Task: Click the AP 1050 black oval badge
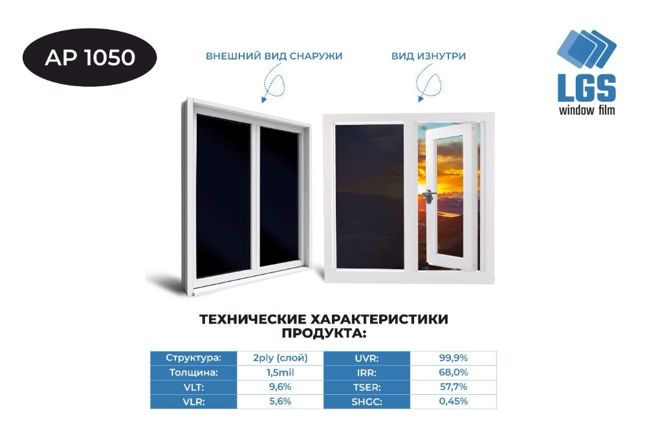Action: [89, 58]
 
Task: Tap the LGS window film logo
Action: [586, 72]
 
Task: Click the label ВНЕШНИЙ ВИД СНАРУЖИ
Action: [274, 56]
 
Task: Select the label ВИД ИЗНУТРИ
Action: [429, 56]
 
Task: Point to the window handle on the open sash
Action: [429, 196]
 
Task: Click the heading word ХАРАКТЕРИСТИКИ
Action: [378, 319]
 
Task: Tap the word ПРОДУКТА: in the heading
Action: [324, 333]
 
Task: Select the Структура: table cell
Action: [193, 358]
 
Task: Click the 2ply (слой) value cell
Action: [280, 358]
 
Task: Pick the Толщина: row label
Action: [193, 372]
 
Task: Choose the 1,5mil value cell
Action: [280, 372]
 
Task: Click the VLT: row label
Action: [193, 387]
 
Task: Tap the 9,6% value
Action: [280, 387]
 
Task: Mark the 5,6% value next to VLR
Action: [280, 401]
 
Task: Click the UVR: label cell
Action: [367, 358]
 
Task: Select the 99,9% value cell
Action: [454, 358]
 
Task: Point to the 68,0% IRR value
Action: [454, 372]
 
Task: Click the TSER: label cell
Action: [367, 387]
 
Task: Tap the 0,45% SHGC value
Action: [454, 401]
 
